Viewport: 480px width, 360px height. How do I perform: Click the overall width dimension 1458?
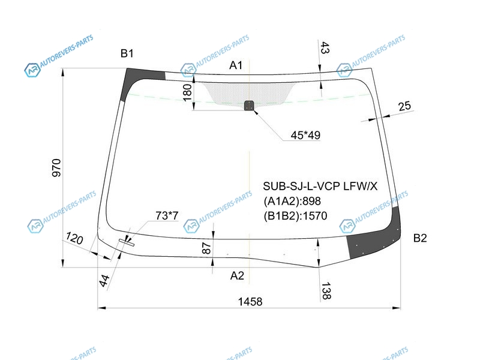(250, 302)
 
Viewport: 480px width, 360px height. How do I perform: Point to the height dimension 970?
(56, 167)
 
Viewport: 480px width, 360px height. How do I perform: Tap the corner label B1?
(127, 53)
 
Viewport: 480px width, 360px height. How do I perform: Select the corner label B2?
(419, 238)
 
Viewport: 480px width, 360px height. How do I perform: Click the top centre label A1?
(236, 65)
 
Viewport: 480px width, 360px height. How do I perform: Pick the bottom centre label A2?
(237, 275)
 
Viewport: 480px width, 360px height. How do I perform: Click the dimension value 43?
(325, 48)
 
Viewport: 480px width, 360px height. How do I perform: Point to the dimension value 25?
(404, 106)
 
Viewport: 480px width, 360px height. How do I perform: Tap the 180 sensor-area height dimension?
(187, 92)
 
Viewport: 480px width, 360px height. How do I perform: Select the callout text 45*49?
(305, 135)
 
